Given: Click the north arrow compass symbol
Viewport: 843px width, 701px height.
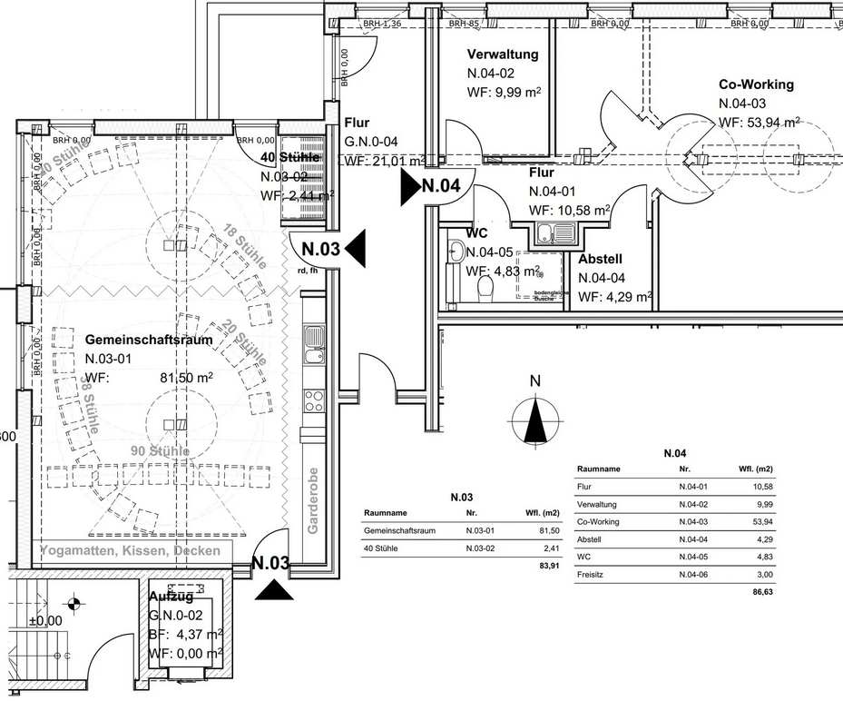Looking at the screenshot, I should pos(535,420).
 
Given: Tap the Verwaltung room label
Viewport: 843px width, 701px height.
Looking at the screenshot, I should pos(502,54).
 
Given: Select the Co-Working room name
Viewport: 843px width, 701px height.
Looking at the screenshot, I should pos(756,84).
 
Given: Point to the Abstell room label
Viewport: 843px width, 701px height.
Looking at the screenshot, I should pos(600,259).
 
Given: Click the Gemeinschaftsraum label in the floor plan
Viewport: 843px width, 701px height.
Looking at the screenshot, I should pos(149,340).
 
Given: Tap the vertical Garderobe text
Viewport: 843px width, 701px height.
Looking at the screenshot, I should pos(312,499).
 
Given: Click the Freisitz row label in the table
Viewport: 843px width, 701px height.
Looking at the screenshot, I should pos(591,574).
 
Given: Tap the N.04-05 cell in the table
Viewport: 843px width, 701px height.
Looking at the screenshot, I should pos(691,557).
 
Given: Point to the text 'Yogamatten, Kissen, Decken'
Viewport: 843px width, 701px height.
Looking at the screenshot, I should pos(135,551).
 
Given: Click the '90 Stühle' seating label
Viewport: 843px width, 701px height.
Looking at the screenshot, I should pos(160,451).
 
